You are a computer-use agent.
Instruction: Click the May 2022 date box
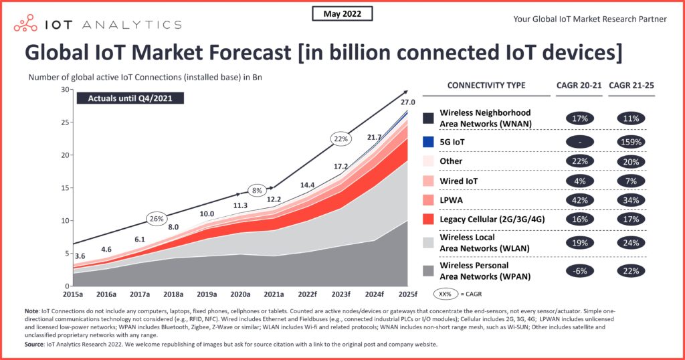(342, 13)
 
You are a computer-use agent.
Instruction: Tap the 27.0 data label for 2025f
(408, 102)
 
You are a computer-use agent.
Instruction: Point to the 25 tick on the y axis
(64, 122)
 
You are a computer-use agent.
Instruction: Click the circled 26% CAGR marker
(156, 218)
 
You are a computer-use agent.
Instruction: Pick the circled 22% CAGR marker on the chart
(340, 139)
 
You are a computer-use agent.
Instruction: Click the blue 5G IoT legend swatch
(428, 142)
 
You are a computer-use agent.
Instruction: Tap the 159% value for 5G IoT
(631, 142)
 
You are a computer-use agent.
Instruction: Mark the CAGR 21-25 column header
(631, 85)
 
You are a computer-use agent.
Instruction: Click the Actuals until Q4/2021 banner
(130, 98)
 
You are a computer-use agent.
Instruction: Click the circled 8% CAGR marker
(256, 189)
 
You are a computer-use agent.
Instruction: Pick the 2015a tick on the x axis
(73, 293)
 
